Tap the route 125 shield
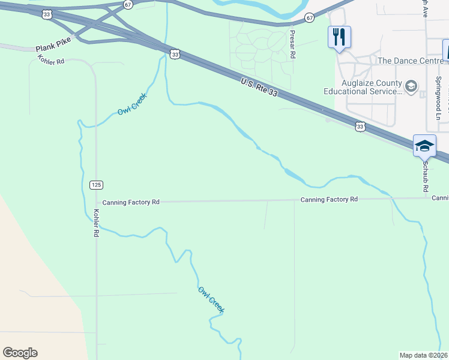coord(96,184)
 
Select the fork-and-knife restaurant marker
coord(339,37)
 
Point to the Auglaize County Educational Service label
coord(363,87)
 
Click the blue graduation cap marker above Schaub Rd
coord(424,145)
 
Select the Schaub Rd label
coord(425,176)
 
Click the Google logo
coord(20,353)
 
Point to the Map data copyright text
coord(424,355)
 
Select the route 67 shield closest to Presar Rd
coord(309,18)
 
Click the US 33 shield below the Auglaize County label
coord(360,126)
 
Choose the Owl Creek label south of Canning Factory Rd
coord(211,299)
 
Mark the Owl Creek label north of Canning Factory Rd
coord(132,106)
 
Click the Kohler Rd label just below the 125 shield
coord(95,223)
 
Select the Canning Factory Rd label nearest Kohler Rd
coord(130,203)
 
